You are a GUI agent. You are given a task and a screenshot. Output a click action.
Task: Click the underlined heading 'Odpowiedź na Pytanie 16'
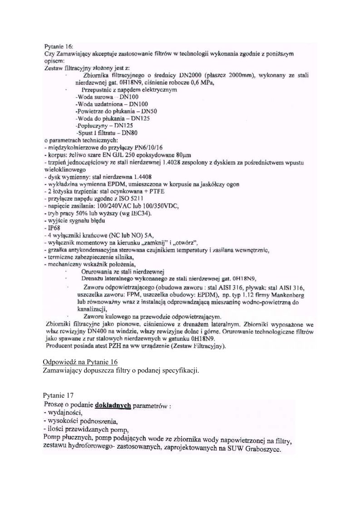(80, 361)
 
